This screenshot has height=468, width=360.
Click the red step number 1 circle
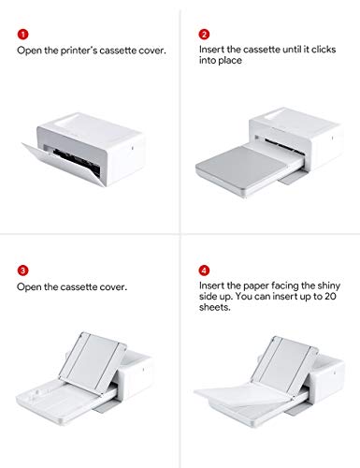(22, 35)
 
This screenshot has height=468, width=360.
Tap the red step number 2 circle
(204, 35)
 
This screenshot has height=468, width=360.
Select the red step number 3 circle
(22, 271)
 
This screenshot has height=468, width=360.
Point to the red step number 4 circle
(204, 271)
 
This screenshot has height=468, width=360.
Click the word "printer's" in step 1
(79, 51)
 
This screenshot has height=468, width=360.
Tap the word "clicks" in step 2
(324, 50)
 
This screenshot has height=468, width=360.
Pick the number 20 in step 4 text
(330, 296)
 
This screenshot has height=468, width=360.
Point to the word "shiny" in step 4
(328, 285)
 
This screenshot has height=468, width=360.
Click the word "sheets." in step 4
(215, 307)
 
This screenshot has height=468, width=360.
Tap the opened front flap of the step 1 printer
(63, 165)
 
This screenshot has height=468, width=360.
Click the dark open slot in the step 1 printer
(77, 162)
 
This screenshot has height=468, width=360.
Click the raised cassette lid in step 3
(93, 361)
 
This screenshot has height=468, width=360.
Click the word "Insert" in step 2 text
(211, 50)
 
